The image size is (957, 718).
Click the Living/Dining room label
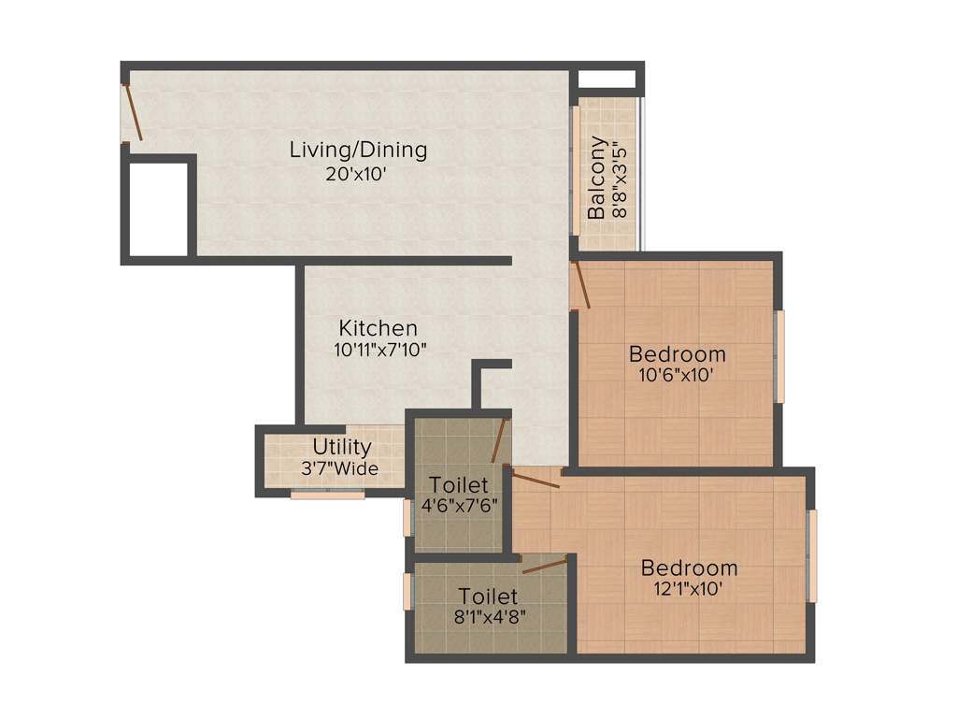pos(358,150)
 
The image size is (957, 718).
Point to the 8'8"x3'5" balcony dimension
pos(618,179)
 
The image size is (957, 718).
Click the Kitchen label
pos(378,329)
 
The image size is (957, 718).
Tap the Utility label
pos(341,447)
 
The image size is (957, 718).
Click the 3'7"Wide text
pos(340,468)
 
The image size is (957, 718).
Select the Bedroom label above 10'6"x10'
pos(677,354)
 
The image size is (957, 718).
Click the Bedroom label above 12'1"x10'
pos(689,567)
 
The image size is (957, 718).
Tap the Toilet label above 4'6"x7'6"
pos(458,484)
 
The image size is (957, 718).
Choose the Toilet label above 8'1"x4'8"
pos(488,596)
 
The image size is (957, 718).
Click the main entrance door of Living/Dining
pos(133,113)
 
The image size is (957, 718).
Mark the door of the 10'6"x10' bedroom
pos(580,285)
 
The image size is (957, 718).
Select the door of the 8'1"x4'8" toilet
pos(546,564)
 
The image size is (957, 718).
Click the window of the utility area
pos(327,495)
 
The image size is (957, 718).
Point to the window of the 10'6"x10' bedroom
pos(780,356)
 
